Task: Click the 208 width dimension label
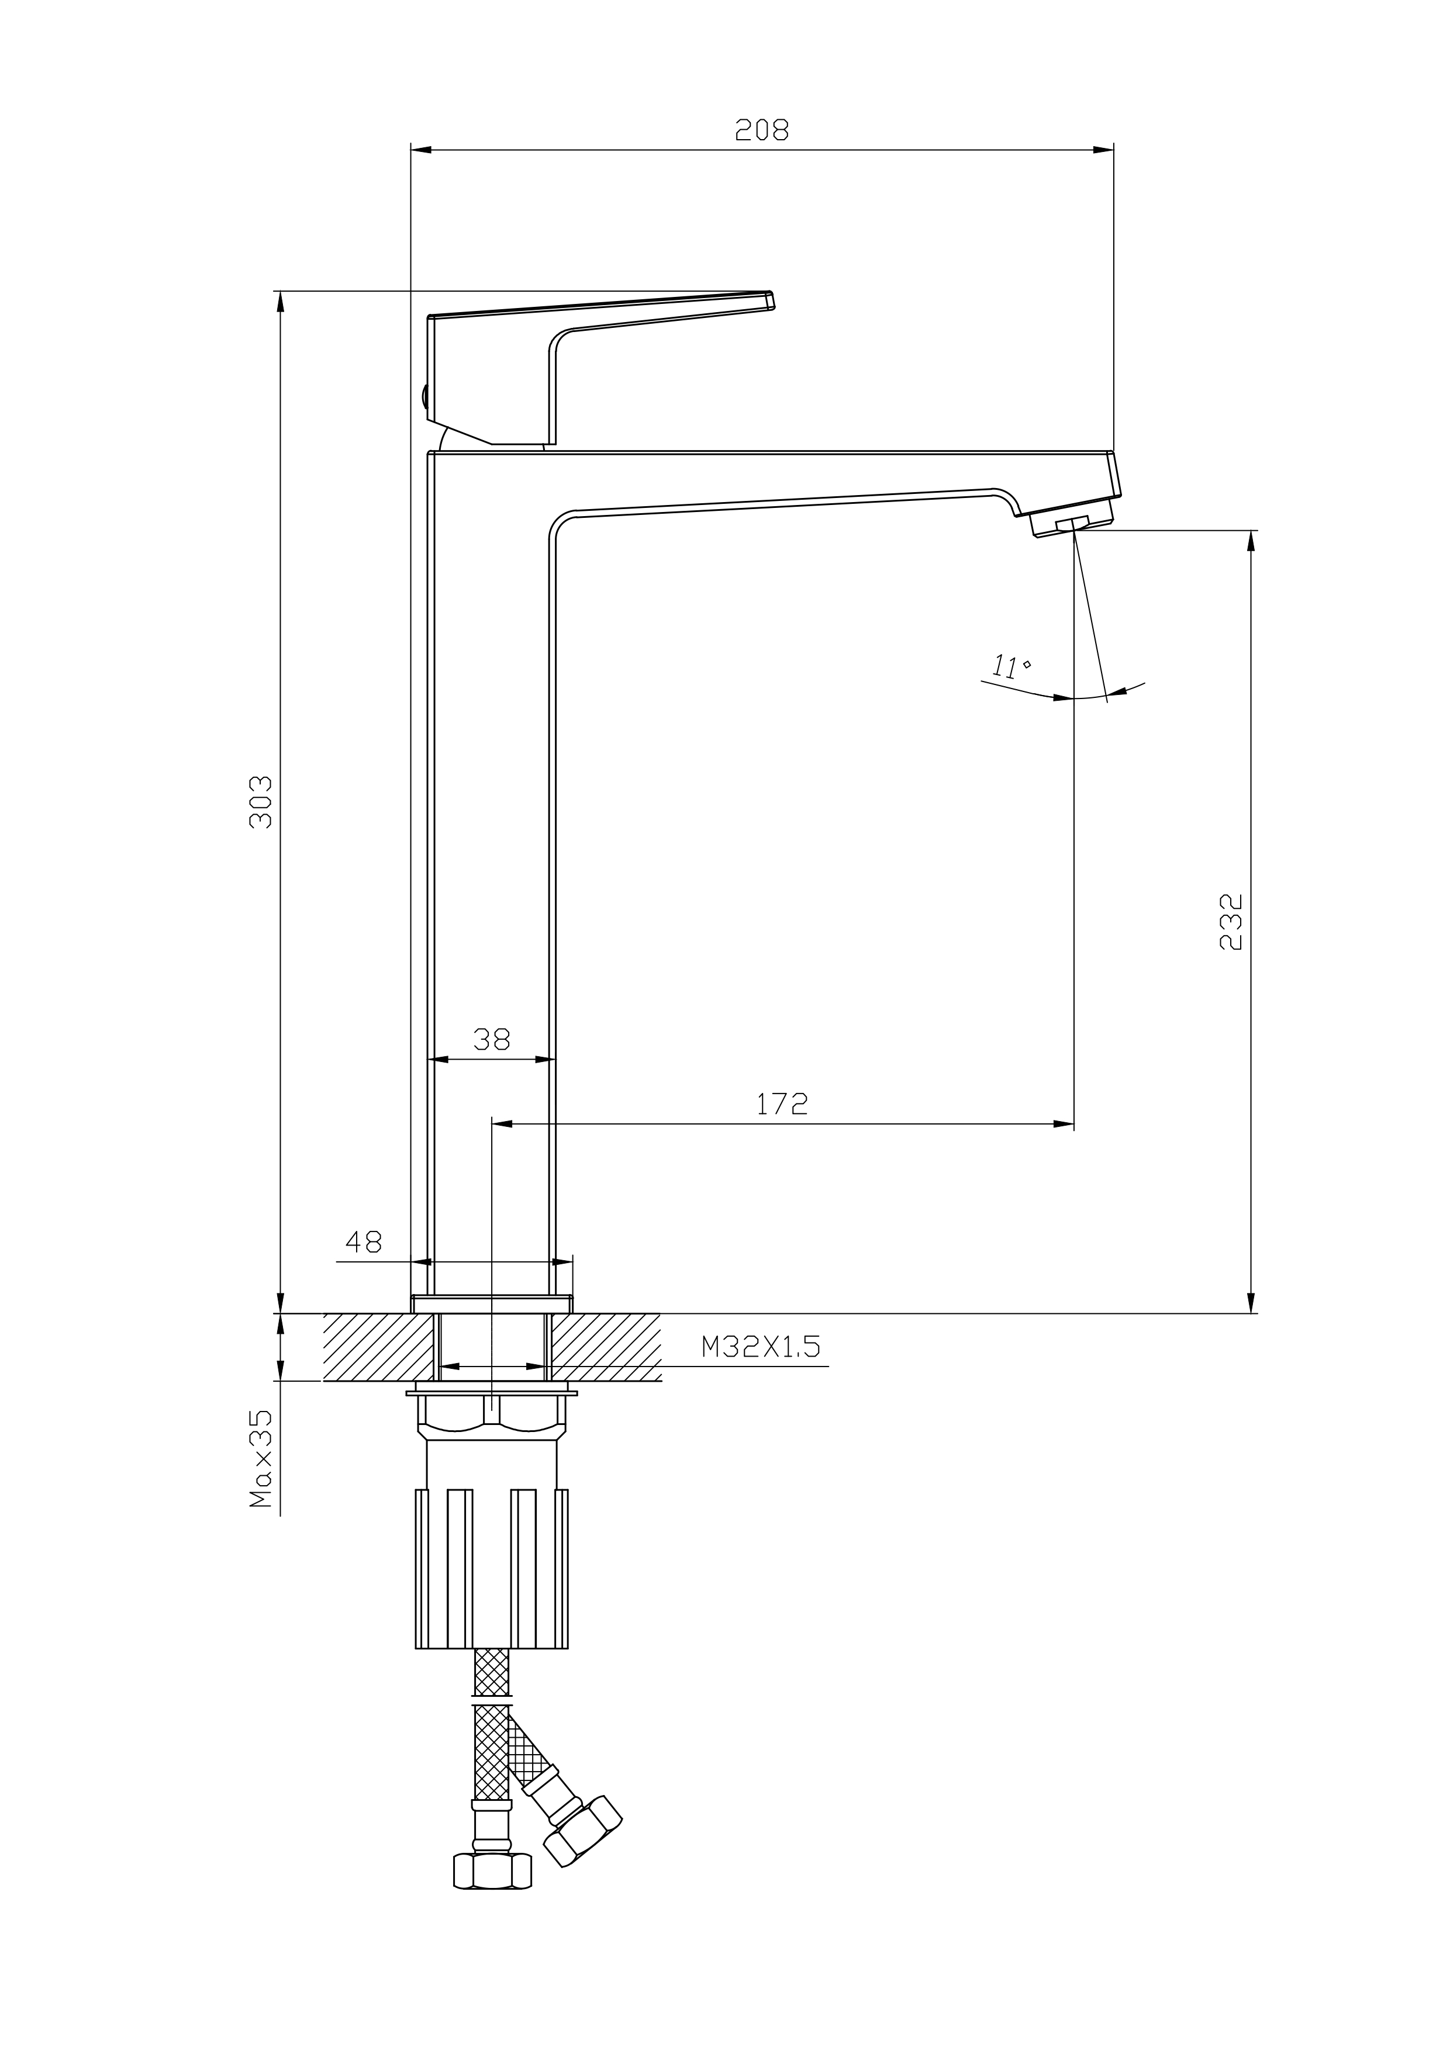762,130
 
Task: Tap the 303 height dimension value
260,801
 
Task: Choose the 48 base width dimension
364,1241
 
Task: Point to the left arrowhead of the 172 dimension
503,1124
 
